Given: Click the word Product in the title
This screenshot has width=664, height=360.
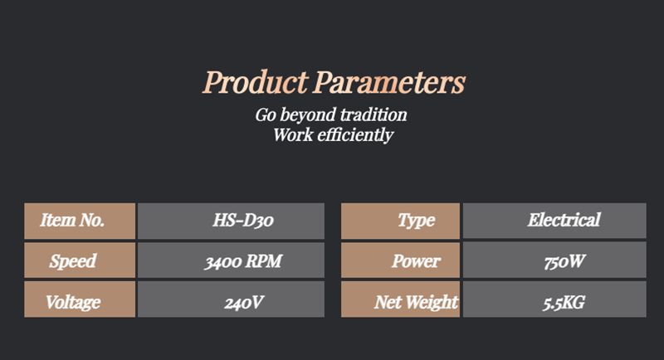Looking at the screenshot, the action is pos(255,81).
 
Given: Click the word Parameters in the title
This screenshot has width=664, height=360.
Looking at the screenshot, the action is pos(389,81).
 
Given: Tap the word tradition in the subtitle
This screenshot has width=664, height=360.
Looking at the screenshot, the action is pos(373,114).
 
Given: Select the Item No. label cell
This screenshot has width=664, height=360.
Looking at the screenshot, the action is pos(80,221).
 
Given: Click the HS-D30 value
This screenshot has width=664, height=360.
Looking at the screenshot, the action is pos(243,220).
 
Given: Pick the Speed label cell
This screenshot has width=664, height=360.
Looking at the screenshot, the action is pos(80,260).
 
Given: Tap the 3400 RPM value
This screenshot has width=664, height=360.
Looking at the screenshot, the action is pos(243,261).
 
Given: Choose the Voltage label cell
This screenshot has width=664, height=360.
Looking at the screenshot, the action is pos(80,299).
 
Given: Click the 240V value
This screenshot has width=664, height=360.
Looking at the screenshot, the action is pos(244,303).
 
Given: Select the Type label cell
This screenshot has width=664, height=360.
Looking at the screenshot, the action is pos(400,221).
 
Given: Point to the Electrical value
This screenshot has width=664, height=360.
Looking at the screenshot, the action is pos(564,220).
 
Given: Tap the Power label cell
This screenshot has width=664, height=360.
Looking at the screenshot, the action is pos(400,260).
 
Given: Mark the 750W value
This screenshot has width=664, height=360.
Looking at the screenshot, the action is pos(564,261).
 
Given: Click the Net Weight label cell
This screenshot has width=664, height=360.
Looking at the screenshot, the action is pos(400,299).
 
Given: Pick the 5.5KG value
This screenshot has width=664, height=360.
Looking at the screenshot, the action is pos(564,303).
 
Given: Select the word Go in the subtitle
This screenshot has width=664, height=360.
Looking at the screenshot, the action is pos(266,115).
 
